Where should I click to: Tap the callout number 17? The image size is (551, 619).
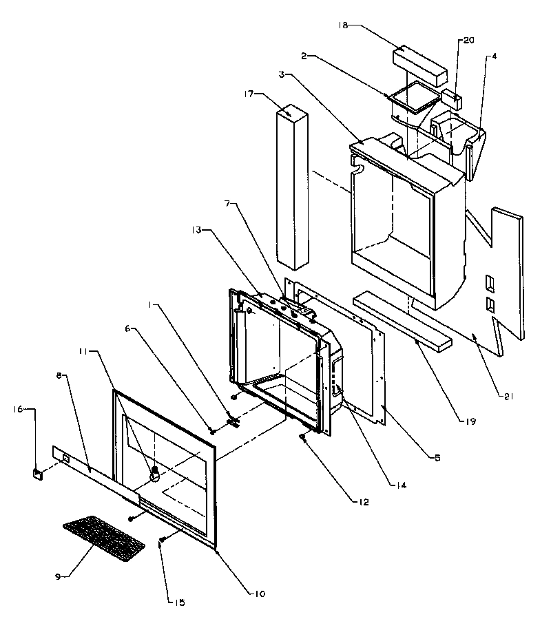[249, 94]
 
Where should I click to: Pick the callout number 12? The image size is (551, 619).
[363, 503]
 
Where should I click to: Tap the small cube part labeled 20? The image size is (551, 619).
[453, 97]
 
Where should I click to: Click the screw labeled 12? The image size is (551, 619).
[302, 437]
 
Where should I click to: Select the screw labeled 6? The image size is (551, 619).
[213, 431]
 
